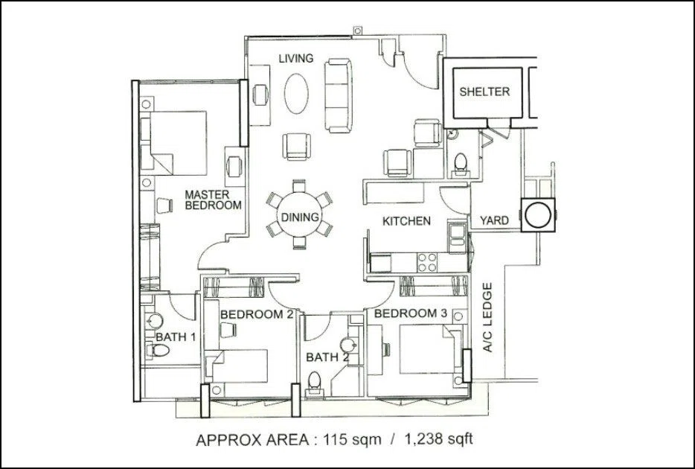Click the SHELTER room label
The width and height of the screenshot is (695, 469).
pos(484,92)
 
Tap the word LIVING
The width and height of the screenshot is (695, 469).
pos(296,58)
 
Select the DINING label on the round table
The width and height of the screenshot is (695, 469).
pos(300,217)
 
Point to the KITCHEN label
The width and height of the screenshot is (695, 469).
pos(406,221)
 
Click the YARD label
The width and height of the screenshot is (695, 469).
pos(494,220)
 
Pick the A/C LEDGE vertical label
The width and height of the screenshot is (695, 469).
pos(487,317)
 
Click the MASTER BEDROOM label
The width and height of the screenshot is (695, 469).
pos(214,200)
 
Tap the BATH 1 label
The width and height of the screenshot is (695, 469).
pos(176,337)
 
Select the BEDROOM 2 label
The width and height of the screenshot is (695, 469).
pos(257,314)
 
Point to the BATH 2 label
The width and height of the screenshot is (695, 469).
pos(327,357)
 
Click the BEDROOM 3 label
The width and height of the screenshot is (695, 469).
pos(411,313)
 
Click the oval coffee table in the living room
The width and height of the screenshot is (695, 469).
pos(296,94)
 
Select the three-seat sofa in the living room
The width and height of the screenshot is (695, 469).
pos(338,96)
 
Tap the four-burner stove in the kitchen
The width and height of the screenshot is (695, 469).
pos(427,262)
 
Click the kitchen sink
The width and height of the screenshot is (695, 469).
pos(457,238)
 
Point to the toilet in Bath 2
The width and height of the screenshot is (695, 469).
pos(314,382)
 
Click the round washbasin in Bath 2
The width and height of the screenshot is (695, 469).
pos(348,345)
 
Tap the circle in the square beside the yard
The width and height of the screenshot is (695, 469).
pos(538,215)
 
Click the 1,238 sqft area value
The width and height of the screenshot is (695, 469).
pos(439,439)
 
